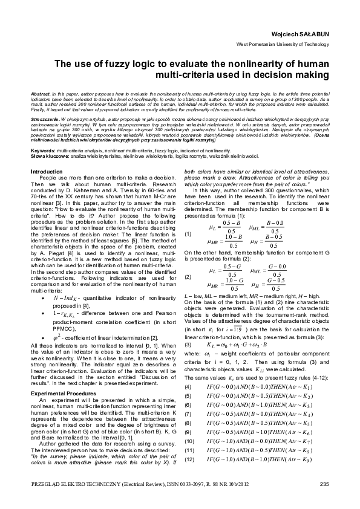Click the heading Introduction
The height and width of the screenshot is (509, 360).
(x=46, y=172)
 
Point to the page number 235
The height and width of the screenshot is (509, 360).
(x=324, y=484)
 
